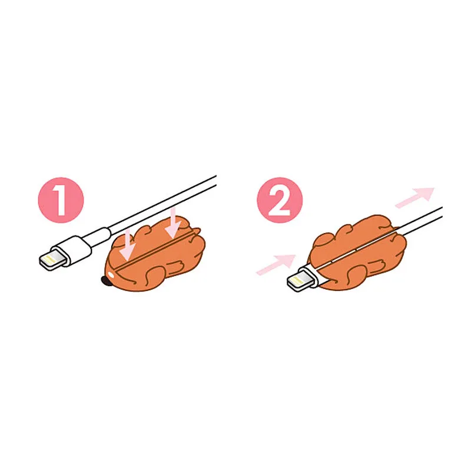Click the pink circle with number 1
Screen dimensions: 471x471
[x=61, y=200]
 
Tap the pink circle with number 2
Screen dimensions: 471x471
[x=280, y=200]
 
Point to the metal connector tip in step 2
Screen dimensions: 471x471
[x=300, y=280]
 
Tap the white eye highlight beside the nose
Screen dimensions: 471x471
[x=111, y=274]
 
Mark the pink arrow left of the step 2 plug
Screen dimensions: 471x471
[x=276, y=264]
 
